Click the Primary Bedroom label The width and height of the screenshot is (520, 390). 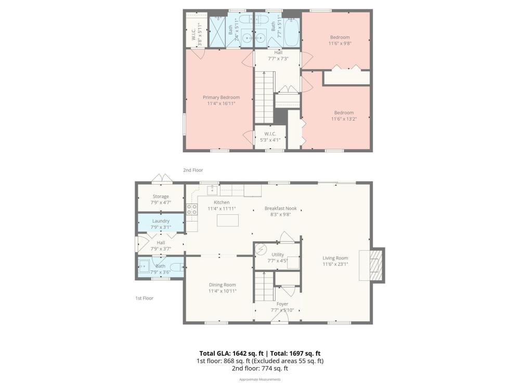(221, 97)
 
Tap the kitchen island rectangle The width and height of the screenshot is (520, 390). (228, 220)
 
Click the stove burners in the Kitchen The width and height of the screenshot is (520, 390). (191, 209)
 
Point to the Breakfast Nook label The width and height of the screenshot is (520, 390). (281, 209)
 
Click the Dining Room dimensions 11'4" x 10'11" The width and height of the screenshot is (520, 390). (222, 291)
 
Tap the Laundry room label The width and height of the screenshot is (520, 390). (161, 221)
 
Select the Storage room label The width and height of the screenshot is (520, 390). (161, 197)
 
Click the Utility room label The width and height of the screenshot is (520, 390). (278, 255)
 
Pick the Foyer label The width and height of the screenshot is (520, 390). (282, 304)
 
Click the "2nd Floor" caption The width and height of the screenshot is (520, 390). (193, 170)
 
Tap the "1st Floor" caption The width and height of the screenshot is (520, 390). (144, 298)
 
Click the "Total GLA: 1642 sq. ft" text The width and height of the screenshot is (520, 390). (231, 354)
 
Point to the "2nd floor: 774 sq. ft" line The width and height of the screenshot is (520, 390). (260, 369)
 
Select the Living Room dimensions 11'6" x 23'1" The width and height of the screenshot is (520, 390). (335, 264)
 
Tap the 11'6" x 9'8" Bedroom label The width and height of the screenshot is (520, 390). (340, 40)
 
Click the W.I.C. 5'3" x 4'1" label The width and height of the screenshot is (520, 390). (270, 137)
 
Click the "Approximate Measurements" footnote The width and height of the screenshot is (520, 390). (260, 380)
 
